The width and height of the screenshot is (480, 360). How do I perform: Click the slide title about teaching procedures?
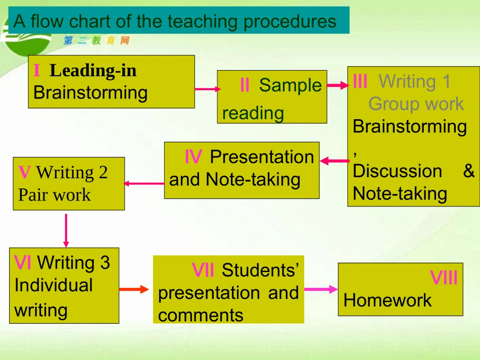(175, 21)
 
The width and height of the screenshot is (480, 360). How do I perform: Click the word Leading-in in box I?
(93, 70)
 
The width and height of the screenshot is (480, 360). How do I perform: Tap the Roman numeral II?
(245, 85)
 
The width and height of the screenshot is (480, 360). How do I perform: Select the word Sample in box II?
(290, 85)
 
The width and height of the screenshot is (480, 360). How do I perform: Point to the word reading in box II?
(253, 113)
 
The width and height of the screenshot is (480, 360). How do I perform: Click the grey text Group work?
(416, 104)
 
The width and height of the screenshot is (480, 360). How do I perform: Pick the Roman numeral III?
(360, 81)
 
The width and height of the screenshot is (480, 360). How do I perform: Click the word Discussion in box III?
(397, 171)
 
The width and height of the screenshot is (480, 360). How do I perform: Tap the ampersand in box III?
(469, 171)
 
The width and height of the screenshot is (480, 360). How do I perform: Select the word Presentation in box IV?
(262, 157)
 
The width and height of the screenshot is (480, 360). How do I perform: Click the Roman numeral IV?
(193, 158)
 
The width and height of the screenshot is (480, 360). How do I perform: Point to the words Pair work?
(55, 195)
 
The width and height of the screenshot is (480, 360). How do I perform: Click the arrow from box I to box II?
(207, 89)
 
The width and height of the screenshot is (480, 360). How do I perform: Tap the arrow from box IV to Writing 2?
(144, 183)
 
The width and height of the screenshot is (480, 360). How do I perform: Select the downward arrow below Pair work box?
(66, 230)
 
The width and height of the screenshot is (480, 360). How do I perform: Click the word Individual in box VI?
(54, 285)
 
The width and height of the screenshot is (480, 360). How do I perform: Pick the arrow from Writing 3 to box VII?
(134, 289)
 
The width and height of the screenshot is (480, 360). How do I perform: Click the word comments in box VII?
(201, 316)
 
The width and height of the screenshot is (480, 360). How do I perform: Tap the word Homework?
(388, 300)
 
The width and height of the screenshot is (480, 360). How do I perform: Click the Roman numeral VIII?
(444, 278)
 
